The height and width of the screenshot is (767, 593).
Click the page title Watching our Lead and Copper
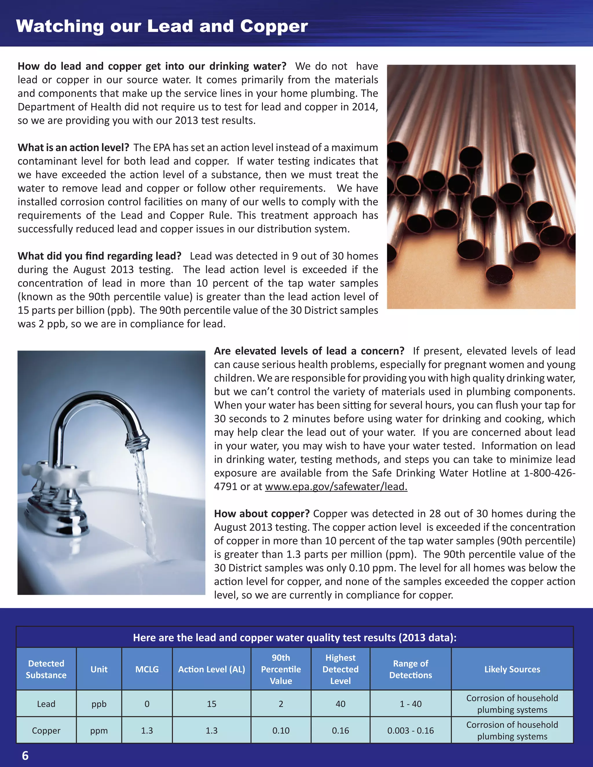click(x=162, y=26)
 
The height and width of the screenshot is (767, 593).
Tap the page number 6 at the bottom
click(x=25, y=755)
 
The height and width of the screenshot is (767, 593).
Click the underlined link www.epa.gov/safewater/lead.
click(x=336, y=487)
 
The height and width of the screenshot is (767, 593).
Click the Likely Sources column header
click(x=512, y=669)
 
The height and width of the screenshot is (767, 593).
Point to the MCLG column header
click(x=147, y=669)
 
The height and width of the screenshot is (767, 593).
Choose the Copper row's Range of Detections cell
click(x=410, y=731)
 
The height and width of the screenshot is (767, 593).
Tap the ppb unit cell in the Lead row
click(x=99, y=704)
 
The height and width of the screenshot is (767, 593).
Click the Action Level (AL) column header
click(x=211, y=669)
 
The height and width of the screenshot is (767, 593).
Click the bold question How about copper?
click(x=262, y=513)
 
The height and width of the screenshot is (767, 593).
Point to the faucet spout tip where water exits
click(x=138, y=444)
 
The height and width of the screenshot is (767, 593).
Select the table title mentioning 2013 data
click(x=294, y=637)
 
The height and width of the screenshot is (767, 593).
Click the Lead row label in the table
click(x=46, y=704)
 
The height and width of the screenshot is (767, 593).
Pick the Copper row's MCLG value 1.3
click(x=147, y=731)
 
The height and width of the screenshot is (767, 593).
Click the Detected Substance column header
click(x=46, y=669)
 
